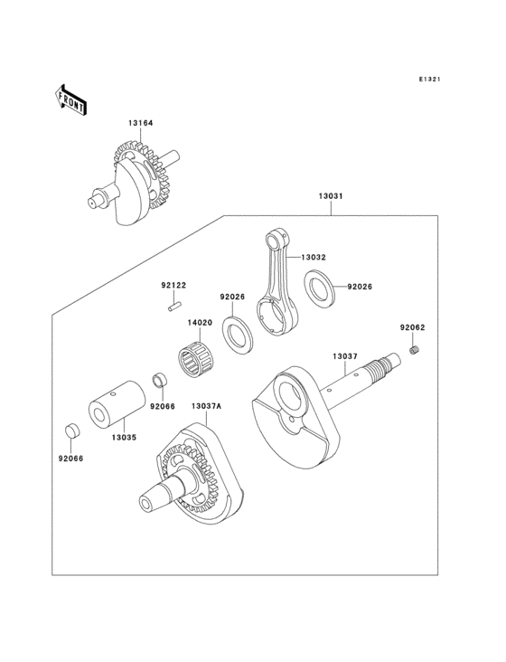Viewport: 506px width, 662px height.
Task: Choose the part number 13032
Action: [314, 258]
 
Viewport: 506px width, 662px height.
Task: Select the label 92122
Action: [173, 286]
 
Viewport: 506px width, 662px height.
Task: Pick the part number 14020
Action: [200, 322]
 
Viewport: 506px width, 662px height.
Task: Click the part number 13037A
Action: [205, 406]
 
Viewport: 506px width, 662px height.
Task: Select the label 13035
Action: [125, 437]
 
